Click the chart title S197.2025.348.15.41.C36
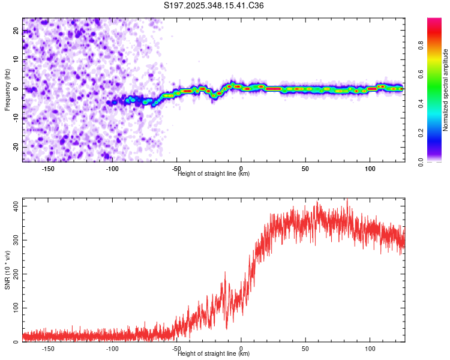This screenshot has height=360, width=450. (214, 5)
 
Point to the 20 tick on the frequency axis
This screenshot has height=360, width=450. (16, 32)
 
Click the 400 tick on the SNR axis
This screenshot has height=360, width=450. (16, 206)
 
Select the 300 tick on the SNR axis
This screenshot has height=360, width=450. (16, 240)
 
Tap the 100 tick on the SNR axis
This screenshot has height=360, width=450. (16, 308)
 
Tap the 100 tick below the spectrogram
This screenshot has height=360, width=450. (370, 168)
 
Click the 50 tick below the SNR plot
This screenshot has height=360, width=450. (305, 348)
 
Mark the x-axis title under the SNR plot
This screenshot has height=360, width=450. (214, 354)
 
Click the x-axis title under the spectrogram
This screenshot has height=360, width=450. (214, 174)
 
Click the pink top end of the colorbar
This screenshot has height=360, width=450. (434, 21)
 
